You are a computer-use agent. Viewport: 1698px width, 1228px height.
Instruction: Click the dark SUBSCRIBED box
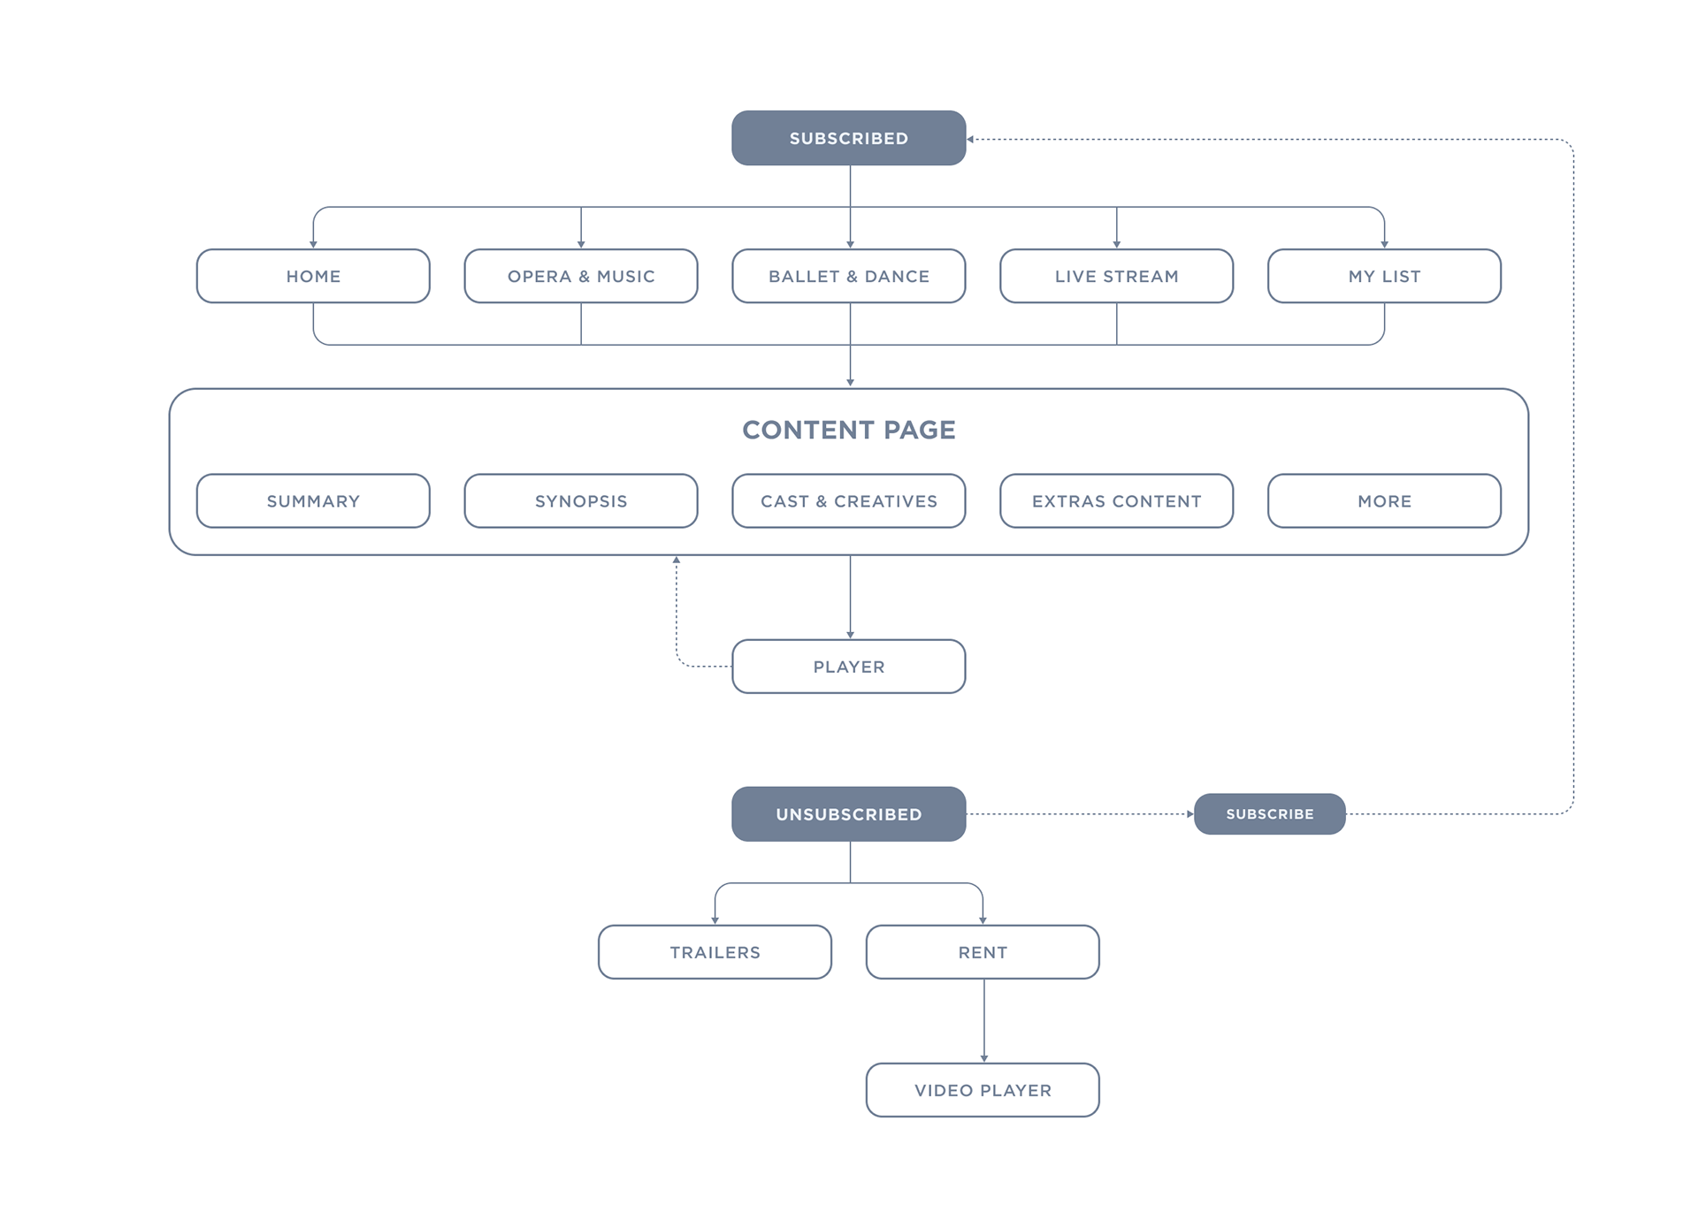coord(848,138)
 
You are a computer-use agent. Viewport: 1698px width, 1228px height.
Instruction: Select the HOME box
coord(313,276)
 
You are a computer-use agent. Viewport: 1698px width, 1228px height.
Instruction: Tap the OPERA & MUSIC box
coord(581,276)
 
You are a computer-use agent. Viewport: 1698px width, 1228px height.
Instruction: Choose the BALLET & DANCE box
coord(849,276)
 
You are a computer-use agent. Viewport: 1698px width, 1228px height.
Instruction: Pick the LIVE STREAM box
coord(1117,276)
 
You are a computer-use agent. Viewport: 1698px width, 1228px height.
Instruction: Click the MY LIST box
coord(1384,276)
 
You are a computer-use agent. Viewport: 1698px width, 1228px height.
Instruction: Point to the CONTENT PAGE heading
coord(849,430)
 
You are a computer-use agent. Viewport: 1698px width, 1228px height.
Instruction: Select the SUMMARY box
coord(313,501)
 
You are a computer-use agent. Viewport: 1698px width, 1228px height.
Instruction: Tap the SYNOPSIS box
coord(581,501)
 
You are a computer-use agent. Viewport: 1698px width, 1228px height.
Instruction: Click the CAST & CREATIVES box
coord(849,501)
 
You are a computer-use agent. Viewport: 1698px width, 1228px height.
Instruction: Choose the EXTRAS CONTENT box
coord(1117,501)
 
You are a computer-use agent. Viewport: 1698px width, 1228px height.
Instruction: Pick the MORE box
coord(1384,501)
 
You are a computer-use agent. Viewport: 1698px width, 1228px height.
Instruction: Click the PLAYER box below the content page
coord(849,667)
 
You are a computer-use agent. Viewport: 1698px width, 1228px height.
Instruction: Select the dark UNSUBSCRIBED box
coord(848,814)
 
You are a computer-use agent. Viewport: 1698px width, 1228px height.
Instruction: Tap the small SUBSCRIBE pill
coord(1270,814)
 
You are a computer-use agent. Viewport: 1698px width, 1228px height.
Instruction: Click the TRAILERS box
coord(715,952)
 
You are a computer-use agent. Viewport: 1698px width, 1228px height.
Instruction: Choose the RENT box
coord(983,952)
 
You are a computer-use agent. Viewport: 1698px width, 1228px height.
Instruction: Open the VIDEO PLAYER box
coord(983,1090)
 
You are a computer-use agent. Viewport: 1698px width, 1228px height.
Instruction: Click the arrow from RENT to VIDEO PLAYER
coord(983,1021)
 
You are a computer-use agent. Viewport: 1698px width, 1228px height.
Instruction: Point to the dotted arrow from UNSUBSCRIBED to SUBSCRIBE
coord(1080,814)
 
